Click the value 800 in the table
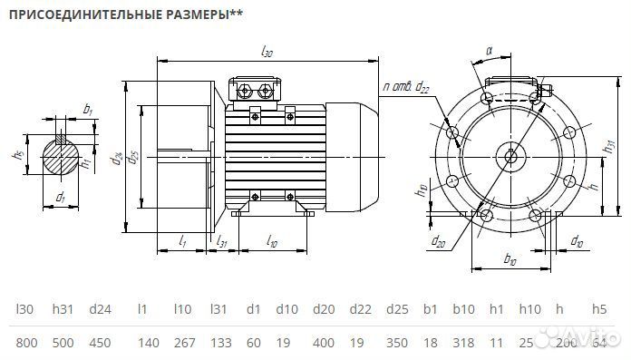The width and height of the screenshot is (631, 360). [26, 344]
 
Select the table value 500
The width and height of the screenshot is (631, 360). [63, 344]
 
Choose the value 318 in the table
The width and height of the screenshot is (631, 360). [463, 344]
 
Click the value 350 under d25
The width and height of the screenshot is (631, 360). [396, 344]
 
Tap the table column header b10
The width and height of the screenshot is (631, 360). [463, 308]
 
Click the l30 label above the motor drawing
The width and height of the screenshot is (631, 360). [267, 54]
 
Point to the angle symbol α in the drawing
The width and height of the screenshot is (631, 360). [489, 52]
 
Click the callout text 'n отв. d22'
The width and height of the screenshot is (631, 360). [405, 86]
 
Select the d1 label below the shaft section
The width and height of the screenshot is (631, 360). [61, 197]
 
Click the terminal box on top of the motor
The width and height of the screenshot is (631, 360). [257, 90]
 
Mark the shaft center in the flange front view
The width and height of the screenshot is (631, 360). [511, 156]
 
